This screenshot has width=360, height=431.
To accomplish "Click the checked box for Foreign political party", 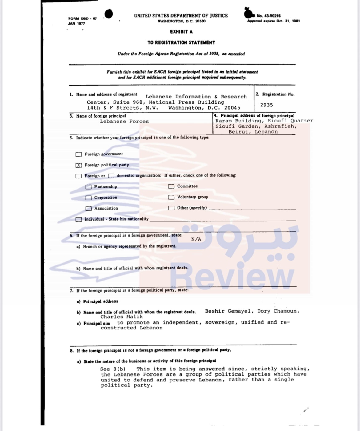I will (79, 165).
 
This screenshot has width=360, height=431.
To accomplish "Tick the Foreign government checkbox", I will (79, 154).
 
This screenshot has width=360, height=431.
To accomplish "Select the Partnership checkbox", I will (89, 187).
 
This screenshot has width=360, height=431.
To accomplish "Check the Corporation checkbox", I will (89, 198).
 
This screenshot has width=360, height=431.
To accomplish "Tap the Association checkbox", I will (89, 209).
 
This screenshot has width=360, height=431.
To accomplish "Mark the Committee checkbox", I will (171, 186).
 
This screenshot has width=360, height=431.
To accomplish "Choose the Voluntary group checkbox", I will (171, 197).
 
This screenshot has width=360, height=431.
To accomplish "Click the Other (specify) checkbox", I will (171, 208).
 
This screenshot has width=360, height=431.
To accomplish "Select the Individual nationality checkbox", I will (79, 220).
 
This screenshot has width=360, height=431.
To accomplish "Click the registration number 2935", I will (266, 105).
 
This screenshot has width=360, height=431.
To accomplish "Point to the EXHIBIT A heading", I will (181, 32).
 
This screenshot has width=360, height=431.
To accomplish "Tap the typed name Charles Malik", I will (121, 317).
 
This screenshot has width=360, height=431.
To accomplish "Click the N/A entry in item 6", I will (196, 239).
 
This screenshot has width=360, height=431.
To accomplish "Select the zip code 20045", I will (232, 108).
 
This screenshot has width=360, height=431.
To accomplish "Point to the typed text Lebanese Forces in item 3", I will (124, 122).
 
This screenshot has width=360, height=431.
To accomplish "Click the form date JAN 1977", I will (76, 24).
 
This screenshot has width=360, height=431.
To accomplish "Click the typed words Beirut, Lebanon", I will (253, 132).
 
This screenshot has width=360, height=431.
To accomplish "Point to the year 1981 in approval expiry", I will (295, 21).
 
